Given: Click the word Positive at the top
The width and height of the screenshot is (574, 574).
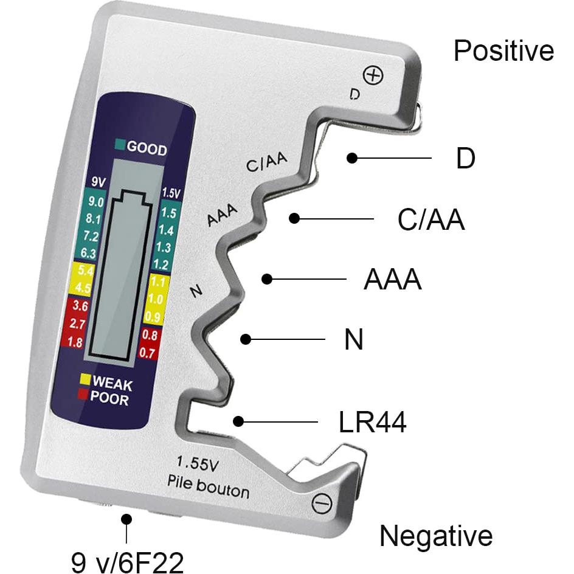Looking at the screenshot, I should click(503, 51).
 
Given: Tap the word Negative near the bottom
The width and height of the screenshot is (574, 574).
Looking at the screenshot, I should click(435, 536).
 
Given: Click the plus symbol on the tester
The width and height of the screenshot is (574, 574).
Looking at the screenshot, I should click(373, 75).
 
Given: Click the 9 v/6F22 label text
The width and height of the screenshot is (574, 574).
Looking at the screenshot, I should click(127, 562).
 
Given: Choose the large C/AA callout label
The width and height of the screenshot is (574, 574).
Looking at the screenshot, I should click(431, 221).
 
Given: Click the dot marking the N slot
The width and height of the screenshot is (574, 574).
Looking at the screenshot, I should click(246, 339).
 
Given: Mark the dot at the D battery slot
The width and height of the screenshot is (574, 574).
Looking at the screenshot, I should click(351, 158).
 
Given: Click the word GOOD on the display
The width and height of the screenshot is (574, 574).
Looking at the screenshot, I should click(147, 149).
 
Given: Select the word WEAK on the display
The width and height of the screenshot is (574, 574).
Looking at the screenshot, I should click(112, 385).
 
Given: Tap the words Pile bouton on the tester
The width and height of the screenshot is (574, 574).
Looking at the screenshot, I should click(208, 485).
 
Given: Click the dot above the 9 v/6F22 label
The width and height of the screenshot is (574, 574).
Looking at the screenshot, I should click(126, 519).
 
